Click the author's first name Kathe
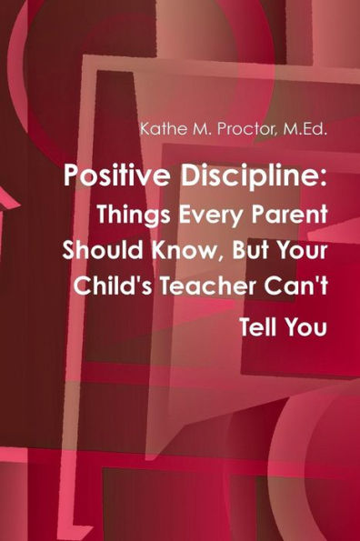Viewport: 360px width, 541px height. [159, 128]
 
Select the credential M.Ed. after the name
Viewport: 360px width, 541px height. [307, 128]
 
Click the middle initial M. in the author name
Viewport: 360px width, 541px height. [194, 128]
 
